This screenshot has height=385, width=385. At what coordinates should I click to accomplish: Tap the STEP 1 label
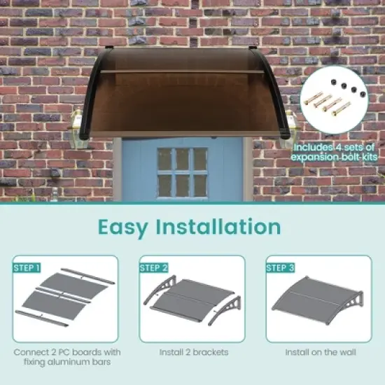point(27,267)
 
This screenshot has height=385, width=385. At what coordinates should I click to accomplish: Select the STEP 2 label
point(154,267)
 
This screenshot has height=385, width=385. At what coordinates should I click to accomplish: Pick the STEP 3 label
point(281,267)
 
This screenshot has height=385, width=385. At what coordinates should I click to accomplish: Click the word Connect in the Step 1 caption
point(31,351)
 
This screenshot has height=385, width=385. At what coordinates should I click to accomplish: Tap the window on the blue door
point(183,171)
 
